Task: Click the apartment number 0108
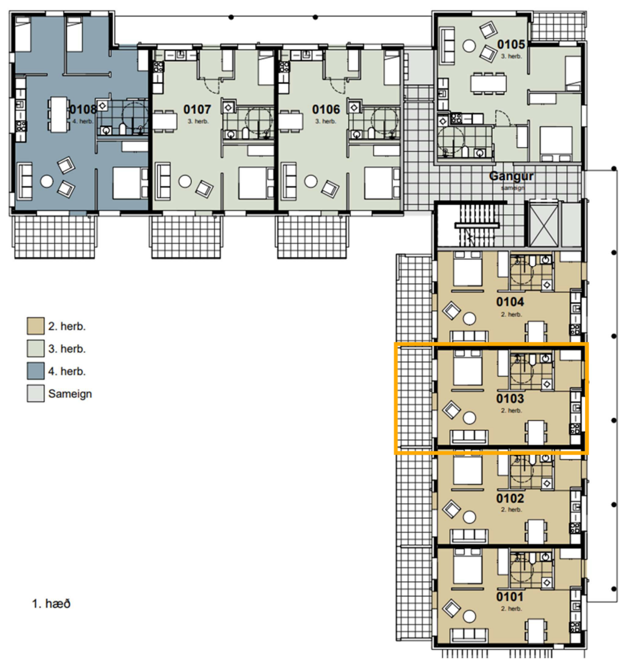click(x=83, y=110)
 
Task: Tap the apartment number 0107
click(x=197, y=110)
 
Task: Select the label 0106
click(x=326, y=110)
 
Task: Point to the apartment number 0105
click(x=511, y=44)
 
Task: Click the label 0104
click(x=510, y=301)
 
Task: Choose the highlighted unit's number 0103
click(x=510, y=398)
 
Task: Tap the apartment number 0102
click(x=510, y=498)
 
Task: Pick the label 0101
click(x=510, y=597)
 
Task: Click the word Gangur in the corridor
click(x=511, y=176)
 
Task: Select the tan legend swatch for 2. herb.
click(x=36, y=326)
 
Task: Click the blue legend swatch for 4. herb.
click(x=36, y=371)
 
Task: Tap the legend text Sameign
click(x=70, y=394)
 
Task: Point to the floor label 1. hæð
click(x=51, y=604)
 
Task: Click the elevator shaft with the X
click(x=544, y=225)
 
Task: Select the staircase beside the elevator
click(x=477, y=225)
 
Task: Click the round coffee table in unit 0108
click(x=47, y=181)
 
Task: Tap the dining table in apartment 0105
click(x=489, y=82)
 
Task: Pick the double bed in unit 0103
click(x=468, y=368)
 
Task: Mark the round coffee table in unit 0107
click(x=185, y=181)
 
